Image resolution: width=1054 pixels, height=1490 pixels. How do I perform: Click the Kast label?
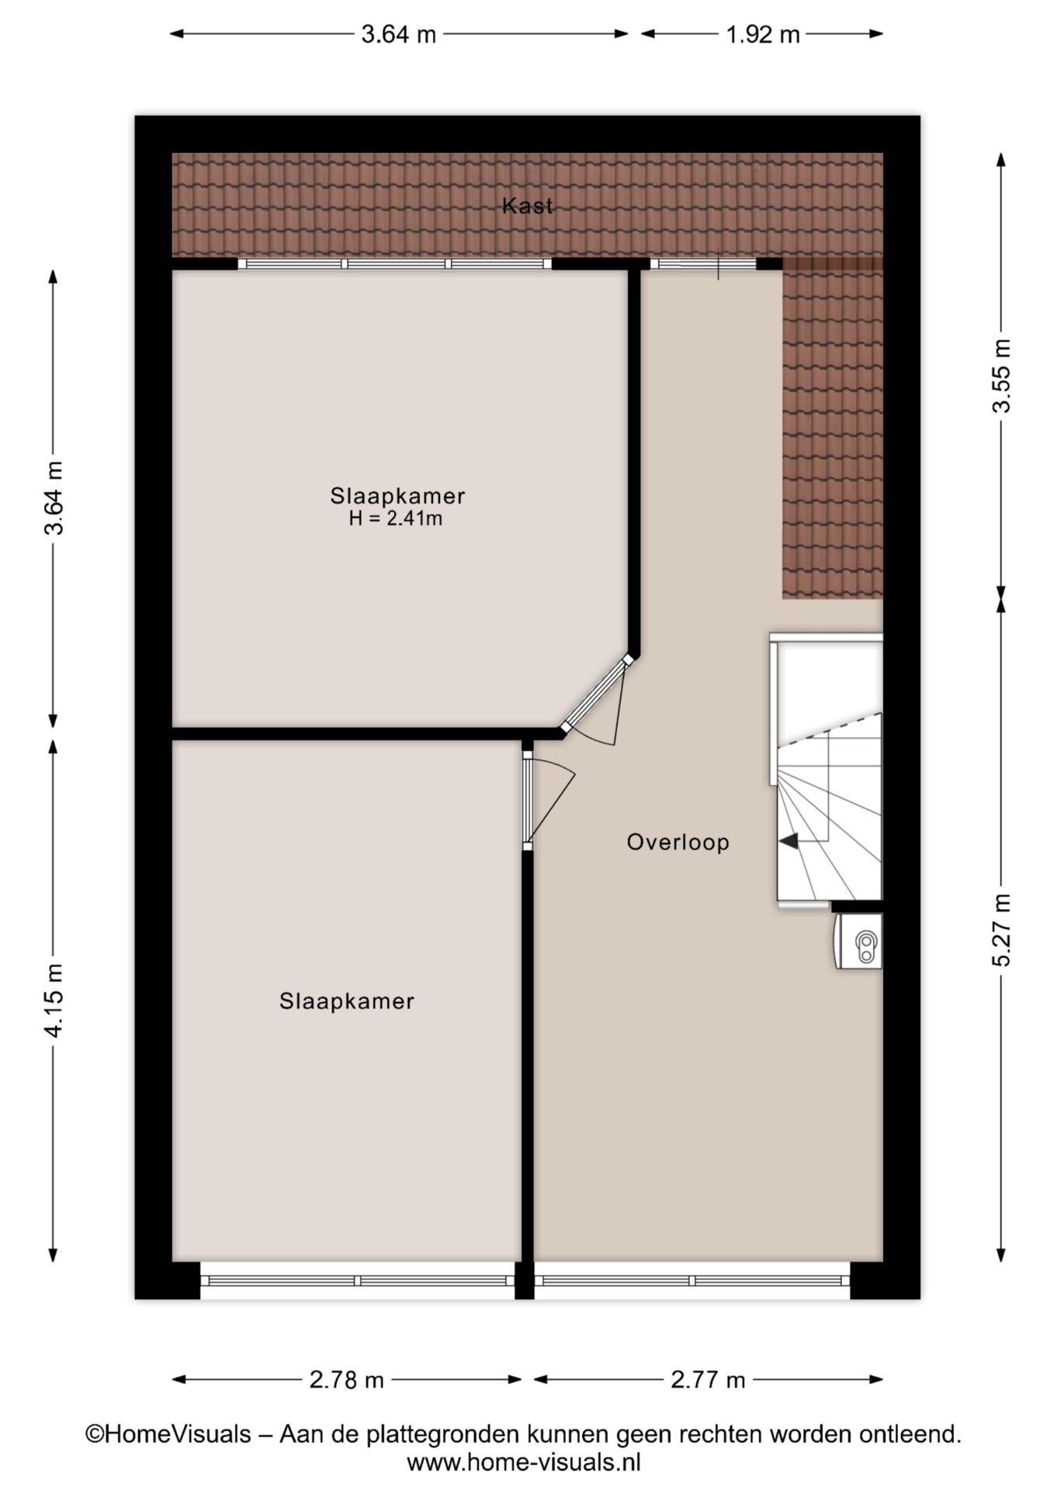(x=528, y=206)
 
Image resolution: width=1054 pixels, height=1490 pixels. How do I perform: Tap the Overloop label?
(x=678, y=843)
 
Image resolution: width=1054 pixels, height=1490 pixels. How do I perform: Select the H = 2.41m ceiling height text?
(x=396, y=519)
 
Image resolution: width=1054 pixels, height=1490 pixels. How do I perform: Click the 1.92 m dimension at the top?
(x=762, y=34)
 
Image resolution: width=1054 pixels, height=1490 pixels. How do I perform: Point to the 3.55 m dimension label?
(x=1003, y=376)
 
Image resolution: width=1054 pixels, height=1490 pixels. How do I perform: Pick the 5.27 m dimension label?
(x=1003, y=930)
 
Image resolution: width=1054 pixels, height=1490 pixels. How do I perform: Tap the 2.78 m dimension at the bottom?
(x=347, y=1380)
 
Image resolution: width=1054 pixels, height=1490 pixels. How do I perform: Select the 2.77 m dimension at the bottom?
(x=708, y=1380)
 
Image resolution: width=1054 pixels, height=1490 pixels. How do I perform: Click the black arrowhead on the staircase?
(x=788, y=840)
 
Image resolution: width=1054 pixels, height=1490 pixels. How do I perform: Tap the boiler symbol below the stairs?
(x=858, y=941)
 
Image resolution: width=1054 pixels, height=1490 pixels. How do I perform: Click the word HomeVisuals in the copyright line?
(x=178, y=1434)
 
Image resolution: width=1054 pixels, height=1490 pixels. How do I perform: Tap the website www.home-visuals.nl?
(x=524, y=1463)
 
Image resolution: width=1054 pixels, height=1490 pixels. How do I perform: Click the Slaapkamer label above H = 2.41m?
(x=397, y=496)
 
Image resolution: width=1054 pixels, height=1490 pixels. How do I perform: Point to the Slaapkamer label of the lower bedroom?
(x=347, y=1001)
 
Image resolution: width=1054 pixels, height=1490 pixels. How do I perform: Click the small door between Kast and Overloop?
(x=703, y=264)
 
